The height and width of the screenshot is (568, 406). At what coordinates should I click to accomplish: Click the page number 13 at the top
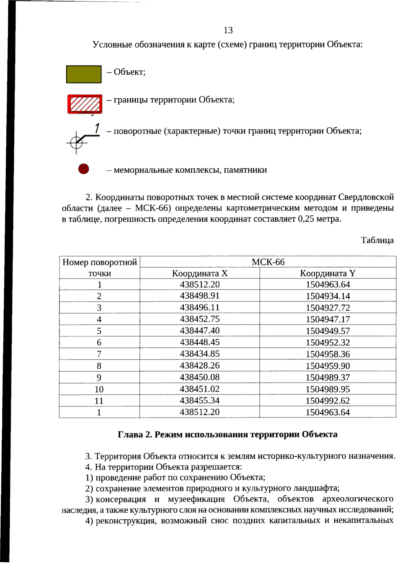pyautogui.click(x=228, y=30)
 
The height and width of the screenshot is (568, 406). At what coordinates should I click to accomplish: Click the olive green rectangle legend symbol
pyautogui.click(x=84, y=74)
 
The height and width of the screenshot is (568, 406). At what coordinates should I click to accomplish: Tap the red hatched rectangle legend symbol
pyautogui.click(x=85, y=104)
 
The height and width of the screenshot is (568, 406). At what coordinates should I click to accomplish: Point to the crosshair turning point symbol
pyautogui.click(x=76, y=143)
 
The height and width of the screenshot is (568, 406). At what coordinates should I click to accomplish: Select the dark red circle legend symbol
pyautogui.click(x=84, y=169)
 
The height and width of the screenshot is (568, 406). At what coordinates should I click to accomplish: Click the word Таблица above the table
pyautogui.click(x=377, y=240)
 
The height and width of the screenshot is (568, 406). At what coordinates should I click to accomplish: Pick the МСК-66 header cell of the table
pyautogui.click(x=268, y=262)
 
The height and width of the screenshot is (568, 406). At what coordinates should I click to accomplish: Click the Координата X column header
pyautogui.click(x=200, y=273)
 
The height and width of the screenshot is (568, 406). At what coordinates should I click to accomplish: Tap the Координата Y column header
pyautogui.click(x=328, y=273)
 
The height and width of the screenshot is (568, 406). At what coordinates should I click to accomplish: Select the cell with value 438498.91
pyautogui.click(x=200, y=296)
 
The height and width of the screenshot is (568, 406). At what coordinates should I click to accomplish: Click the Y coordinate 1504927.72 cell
pyautogui.click(x=328, y=308)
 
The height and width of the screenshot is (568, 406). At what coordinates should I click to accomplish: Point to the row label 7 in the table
pyautogui.click(x=99, y=354)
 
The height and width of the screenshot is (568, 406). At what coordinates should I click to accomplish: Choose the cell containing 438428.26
pyautogui.click(x=200, y=366)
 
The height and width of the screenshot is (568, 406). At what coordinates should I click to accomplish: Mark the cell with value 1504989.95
pyautogui.click(x=328, y=389)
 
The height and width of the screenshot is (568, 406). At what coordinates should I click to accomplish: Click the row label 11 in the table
pyautogui.click(x=99, y=401)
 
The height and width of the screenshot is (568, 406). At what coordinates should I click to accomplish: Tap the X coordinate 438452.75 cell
pyautogui.click(x=200, y=319)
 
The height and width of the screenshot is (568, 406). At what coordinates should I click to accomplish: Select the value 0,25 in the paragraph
pyautogui.click(x=306, y=219)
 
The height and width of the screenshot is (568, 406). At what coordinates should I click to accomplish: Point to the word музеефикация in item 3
pyautogui.click(x=196, y=499)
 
